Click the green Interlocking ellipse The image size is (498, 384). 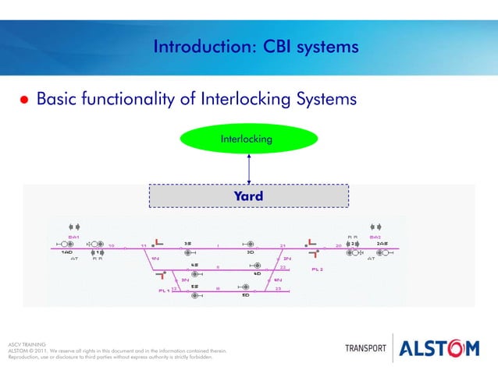[248, 139]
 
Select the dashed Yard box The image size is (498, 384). [248, 196]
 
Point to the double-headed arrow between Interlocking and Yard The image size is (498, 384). [248, 168]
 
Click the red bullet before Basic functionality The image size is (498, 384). [23, 101]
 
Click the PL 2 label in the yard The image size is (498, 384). [317, 269]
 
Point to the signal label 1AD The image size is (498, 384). [67, 252]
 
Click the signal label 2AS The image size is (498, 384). [382, 243]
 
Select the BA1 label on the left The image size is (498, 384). [73, 236]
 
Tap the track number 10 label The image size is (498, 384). [112, 245]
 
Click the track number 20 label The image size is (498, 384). [338, 245]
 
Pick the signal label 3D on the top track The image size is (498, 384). [250, 252]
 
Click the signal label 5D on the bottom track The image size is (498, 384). [245, 295]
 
